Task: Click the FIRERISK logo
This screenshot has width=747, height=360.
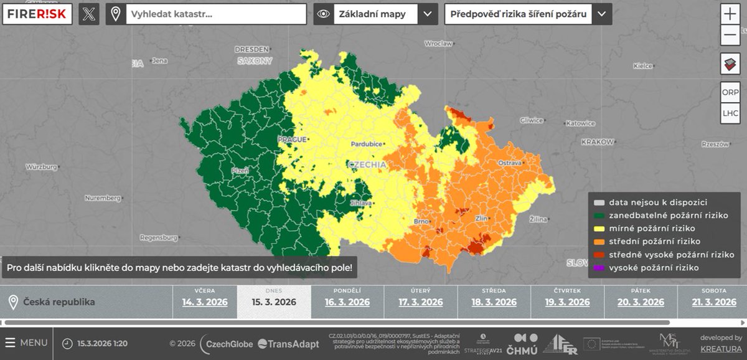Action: click(x=37, y=14)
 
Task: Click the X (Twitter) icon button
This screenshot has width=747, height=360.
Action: click(x=88, y=14)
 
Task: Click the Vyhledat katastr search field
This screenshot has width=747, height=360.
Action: click(x=215, y=14)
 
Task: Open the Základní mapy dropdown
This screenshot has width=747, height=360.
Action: click(x=427, y=14)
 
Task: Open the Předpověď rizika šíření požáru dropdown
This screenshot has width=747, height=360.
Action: click(x=601, y=14)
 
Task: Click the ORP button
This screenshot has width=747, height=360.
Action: click(x=730, y=92)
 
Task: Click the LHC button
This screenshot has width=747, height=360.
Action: click(x=730, y=113)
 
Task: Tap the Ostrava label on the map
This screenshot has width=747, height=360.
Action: click(x=510, y=163)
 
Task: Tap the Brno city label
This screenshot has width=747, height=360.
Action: click(x=421, y=222)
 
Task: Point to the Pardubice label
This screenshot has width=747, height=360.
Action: click(x=366, y=144)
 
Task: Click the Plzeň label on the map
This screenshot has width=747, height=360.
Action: click(x=240, y=170)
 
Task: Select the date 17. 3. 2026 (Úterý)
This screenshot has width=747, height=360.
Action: click(x=420, y=302)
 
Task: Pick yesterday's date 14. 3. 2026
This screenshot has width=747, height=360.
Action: click(x=204, y=302)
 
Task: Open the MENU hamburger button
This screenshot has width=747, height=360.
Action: click(x=26, y=343)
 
